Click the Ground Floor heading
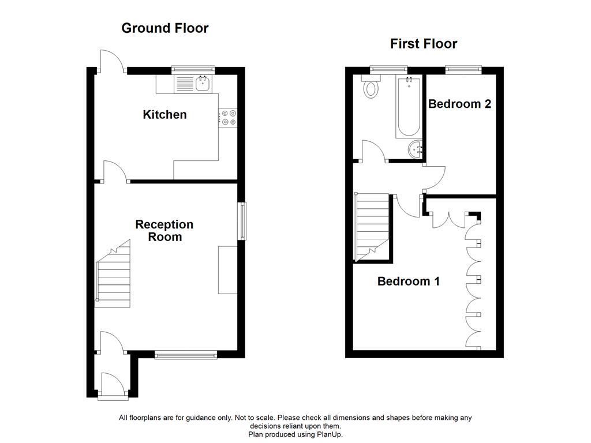point(164,28)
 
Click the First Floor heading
point(423,44)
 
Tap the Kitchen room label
point(164,115)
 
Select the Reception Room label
point(164,231)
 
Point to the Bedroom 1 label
point(408,281)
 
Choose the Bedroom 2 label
point(459,104)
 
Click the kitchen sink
point(203,84)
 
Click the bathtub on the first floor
point(409,107)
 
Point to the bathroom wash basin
point(415,149)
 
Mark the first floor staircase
point(372,227)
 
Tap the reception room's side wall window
point(242,220)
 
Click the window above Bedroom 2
point(463,70)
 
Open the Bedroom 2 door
point(434,178)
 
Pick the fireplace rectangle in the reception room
point(227,270)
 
